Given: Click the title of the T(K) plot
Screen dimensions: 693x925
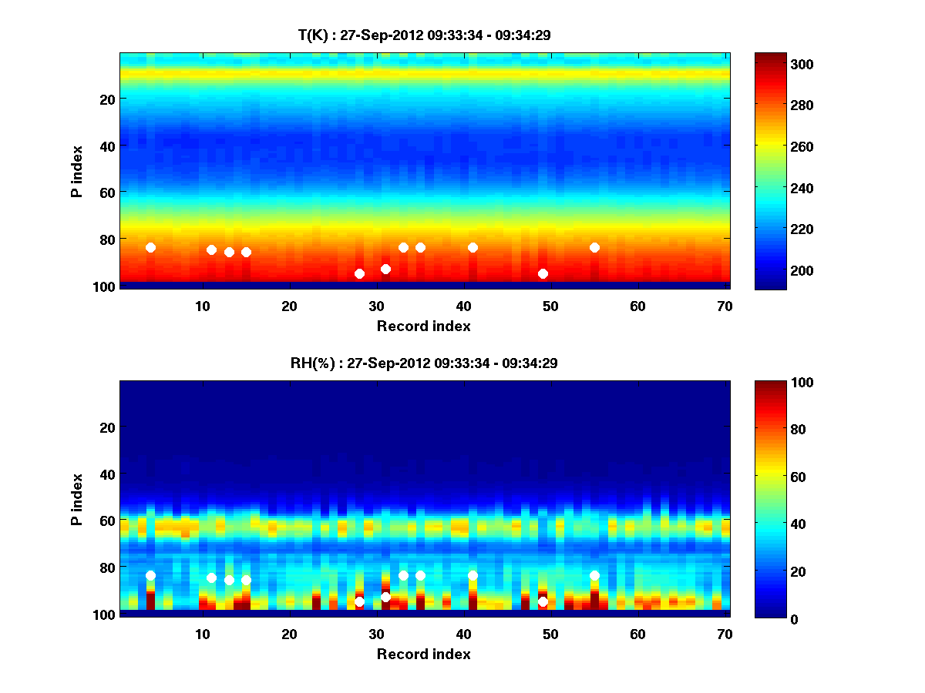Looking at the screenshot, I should point(424,35).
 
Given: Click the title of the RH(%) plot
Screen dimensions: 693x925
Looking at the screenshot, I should point(424,363).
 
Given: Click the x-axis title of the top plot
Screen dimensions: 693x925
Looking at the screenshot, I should point(424,326).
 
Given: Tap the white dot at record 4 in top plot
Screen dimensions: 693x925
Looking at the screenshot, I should point(150,247).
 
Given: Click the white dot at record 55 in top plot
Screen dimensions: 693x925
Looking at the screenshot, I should point(594,247).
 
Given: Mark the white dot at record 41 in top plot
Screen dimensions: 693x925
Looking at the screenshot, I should point(473,247).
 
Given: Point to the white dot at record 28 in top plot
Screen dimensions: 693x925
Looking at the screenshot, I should point(359,273).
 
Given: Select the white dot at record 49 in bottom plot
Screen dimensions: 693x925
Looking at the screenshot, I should point(543,601).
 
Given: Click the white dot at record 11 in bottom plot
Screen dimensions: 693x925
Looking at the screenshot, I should point(211,577).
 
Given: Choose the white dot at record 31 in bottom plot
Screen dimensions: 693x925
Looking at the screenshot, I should point(385,597).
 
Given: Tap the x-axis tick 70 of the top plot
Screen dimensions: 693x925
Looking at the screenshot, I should point(725,306).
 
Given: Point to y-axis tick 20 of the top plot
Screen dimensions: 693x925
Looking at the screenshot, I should point(106,99).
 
